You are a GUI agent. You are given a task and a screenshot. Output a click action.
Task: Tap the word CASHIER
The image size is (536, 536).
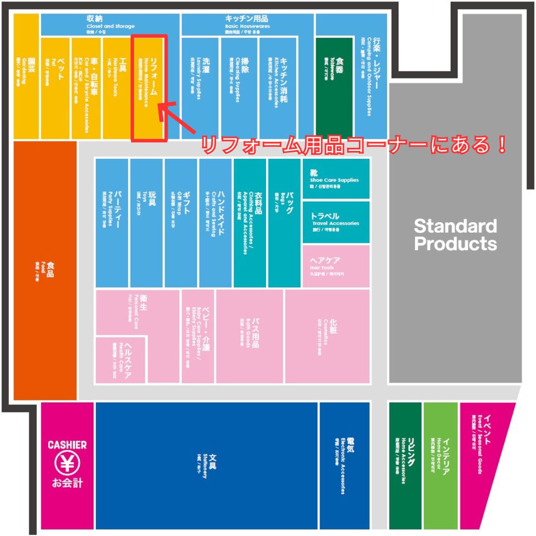(x=67, y=445)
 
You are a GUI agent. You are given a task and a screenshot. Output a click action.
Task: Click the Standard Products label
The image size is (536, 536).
(x=455, y=235)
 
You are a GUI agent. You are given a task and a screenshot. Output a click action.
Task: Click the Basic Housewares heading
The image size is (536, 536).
(x=247, y=22)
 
